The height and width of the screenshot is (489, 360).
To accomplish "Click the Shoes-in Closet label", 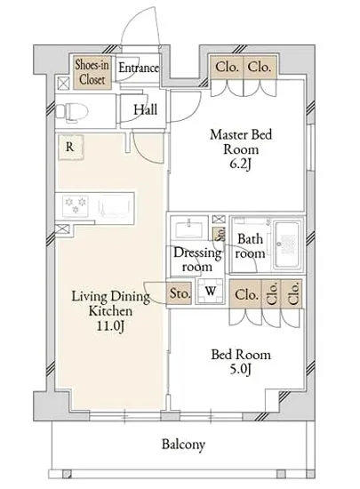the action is pyautogui.click(x=92, y=72).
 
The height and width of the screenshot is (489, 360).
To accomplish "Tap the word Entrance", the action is pyautogui.click(x=139, y=68).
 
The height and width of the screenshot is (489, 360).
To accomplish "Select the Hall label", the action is pyautogui.click(x=145, y=109).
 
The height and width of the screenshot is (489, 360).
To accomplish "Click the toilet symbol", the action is pyautogui.click(x=72, y=111).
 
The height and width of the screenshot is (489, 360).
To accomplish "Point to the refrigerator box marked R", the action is pyautogui.click(x=70, y=148).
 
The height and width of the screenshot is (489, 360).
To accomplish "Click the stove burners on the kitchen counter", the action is pyautogui.click(x=76, y=205).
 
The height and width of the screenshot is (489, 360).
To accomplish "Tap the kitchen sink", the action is pyautogui.click(x=112, y=207).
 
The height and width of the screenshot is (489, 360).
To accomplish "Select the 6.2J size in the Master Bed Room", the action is pyautogui.click(x=240, y=164).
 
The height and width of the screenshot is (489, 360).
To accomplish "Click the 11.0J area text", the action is pyautogui.click(x=110, y=326).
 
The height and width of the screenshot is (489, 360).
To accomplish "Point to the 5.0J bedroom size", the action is pyautogui.click(x=240, y=369).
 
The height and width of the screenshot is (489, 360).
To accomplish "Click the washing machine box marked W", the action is pyautogui.click(x=211, y=291).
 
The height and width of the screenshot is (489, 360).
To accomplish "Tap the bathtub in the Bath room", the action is pyautogui.click(x=288, y=244).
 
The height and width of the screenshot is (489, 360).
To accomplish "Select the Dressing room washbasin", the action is pyautogui.click(x=188, y=228).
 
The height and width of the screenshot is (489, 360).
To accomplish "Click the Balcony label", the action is pyautogui.click(x=183, y=444).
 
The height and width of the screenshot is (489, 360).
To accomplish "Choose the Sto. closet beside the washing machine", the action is pyautogui.click(x=179, y=293).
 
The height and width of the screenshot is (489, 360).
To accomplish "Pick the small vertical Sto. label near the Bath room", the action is pyautogui.click(x=220, y=234).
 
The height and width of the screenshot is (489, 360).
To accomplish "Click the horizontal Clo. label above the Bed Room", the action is pyautogui.click(x=246, y=294).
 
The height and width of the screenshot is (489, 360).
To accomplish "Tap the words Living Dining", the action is pyautogui.click(x=110, y=296).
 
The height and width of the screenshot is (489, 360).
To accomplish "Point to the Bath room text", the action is pyautogui.click(x=250, y=246).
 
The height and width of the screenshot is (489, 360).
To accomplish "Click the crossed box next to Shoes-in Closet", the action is pyautogui.click(x=63, y=84).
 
